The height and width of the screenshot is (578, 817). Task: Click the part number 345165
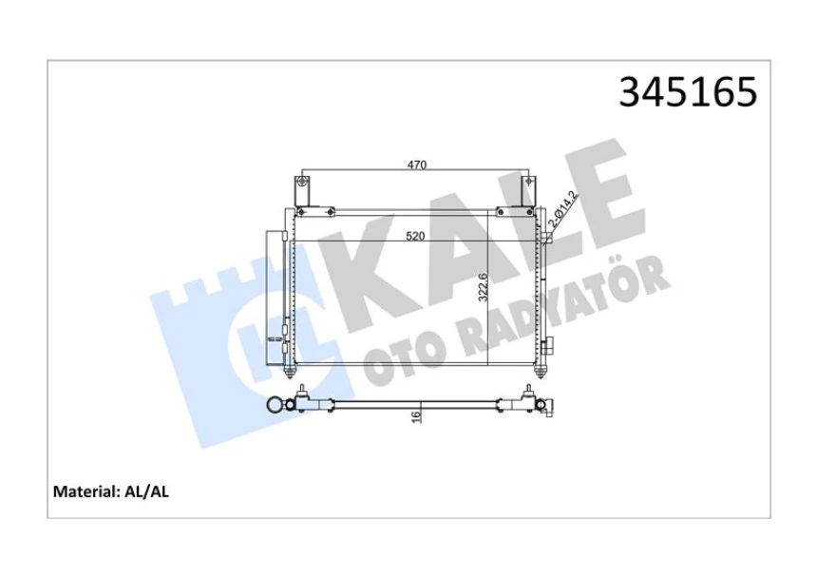[688, 92]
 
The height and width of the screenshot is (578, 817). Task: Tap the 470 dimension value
[417, 164]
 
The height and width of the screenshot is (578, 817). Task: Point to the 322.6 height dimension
[483, 287]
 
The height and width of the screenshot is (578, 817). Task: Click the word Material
[83, 492]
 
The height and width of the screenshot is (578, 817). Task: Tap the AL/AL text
[146, 492]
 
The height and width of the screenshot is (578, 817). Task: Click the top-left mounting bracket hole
[302, 183]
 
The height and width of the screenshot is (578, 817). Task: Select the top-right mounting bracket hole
[528, 183]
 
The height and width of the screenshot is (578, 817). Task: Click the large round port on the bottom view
[275, 405]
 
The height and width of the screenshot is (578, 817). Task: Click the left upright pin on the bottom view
[303, 392]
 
